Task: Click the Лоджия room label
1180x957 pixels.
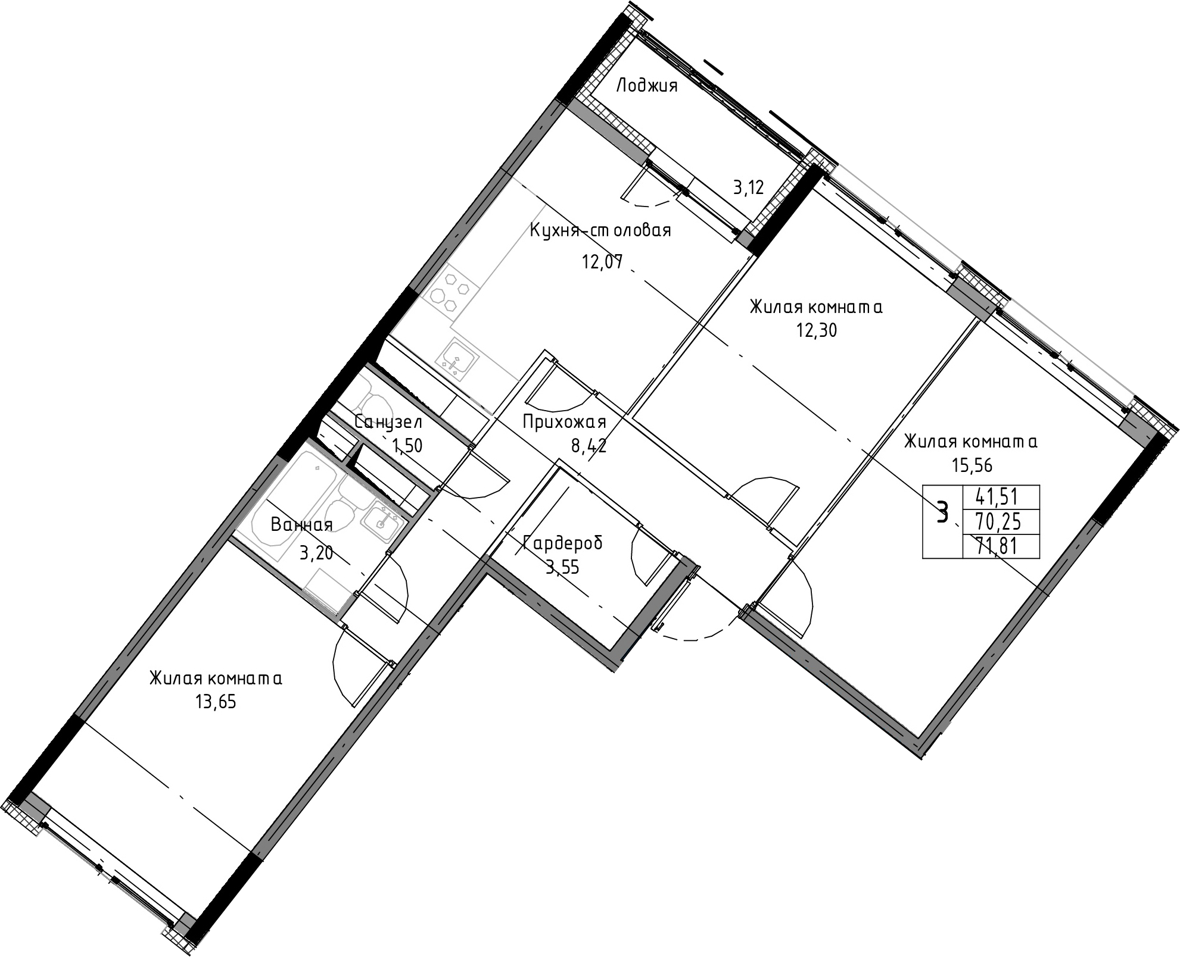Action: pos(646,86)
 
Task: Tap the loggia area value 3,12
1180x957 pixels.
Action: pos(748,189)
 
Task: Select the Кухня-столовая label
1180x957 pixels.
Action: pos(600,230)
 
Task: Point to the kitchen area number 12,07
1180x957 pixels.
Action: pos(602,262)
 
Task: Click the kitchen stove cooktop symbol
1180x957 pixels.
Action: pos(452,294)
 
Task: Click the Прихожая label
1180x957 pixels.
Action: pos(564,422)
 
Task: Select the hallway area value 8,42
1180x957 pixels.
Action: pos(589,447)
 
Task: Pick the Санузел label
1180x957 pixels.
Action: pos(388,422)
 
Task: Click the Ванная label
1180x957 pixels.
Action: pos(301,524)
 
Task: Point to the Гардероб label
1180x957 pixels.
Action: pos(562,543)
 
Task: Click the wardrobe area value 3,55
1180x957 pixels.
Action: pos(562,566)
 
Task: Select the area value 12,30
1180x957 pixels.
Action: pos(817,330)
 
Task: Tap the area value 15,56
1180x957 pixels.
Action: pos(972,465)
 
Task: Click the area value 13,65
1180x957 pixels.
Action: pos(216,702)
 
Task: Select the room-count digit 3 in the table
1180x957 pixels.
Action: pos(942,512)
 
